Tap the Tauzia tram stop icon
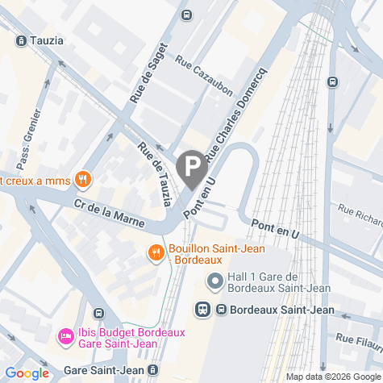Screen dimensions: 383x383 (21, 40)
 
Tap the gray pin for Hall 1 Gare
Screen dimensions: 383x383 (215, 281)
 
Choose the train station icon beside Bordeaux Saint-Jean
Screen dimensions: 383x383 (203, 309)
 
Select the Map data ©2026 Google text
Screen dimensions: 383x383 (332, 377)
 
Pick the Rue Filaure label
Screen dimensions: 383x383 (357, 340)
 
